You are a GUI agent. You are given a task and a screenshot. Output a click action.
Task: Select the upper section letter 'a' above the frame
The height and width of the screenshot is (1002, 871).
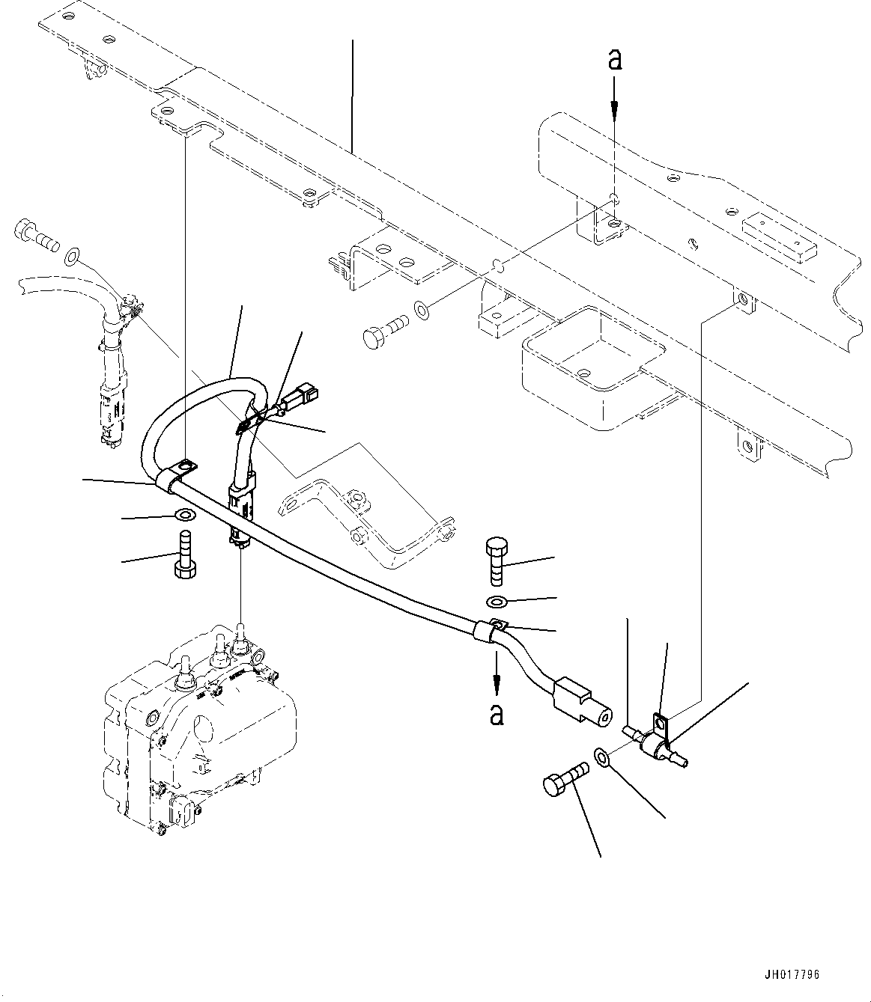point(614,60)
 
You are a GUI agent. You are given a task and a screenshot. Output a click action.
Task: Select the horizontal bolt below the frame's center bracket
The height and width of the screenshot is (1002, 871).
point(385,329)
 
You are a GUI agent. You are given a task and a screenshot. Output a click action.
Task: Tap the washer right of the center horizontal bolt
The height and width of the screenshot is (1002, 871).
point(422,307)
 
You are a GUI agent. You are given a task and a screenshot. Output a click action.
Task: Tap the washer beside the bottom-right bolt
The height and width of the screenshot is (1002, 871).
point(604,757)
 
